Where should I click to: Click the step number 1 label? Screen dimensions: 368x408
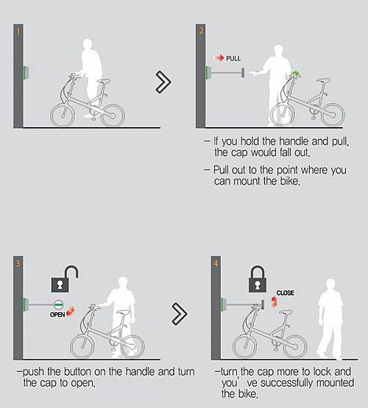18,32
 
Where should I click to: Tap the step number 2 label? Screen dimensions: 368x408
201,31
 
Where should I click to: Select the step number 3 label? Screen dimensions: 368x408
18,264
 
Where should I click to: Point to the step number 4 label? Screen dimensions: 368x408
216,264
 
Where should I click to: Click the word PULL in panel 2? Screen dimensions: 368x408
233,58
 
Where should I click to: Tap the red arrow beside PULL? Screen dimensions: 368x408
219,58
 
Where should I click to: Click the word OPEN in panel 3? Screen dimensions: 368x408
57,315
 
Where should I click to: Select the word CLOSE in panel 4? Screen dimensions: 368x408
285,293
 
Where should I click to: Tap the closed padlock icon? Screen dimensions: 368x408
258,279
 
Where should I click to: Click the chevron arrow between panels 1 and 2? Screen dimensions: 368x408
163,82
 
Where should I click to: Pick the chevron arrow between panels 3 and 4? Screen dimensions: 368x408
180,314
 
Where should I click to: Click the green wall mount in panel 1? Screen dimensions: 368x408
26,73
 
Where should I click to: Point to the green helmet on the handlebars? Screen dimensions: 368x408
296,74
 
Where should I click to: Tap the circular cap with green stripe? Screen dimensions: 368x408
59,304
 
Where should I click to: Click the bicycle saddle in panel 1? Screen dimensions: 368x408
103,81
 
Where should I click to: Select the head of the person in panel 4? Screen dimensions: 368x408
330,284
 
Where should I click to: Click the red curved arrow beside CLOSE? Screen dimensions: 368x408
274,301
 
